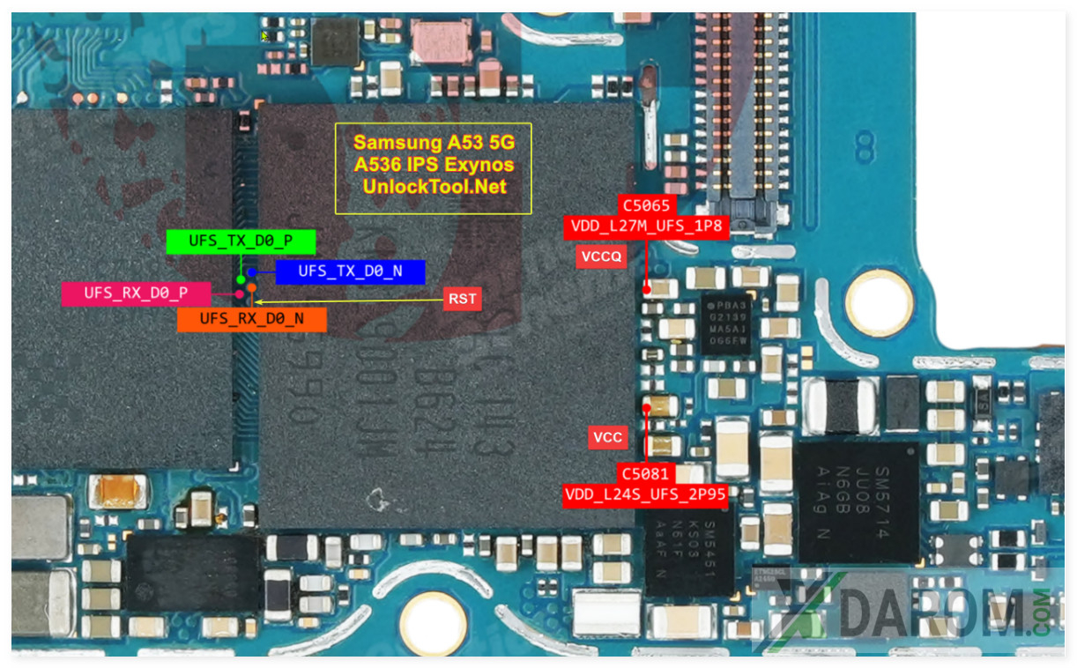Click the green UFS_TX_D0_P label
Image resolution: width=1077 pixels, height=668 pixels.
(241, 241)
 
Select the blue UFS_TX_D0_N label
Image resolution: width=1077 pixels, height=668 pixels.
(350, 271)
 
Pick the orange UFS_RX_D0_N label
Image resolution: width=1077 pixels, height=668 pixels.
(251, 319)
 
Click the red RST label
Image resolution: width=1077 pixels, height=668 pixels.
(463, 299)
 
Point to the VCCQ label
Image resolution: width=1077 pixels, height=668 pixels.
(601, 256)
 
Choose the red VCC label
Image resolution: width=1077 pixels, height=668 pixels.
(607, 437)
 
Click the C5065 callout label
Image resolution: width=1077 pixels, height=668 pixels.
(647, 205)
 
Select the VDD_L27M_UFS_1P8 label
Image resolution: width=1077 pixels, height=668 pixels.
(647, 227)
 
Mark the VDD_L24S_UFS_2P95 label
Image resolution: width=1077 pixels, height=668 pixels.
(646, 494)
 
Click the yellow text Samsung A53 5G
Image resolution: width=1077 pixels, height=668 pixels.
(434, 143)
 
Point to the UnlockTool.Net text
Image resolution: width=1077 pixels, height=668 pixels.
(434, 187)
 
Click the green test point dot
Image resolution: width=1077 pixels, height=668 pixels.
(241, 279)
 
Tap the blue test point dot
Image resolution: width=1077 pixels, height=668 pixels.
(252, 272)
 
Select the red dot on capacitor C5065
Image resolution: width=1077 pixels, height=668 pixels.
(647, 288)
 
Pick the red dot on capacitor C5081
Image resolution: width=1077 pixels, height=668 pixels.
(648, 408)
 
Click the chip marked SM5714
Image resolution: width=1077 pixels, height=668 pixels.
(857, 501)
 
